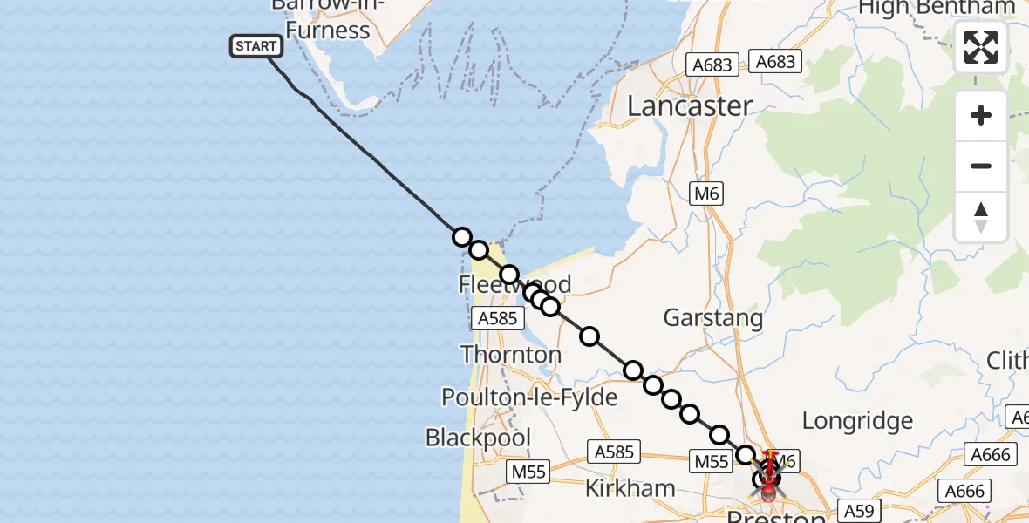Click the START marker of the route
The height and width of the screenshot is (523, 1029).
click(256, 46)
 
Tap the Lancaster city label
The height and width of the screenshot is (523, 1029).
click(690, 106)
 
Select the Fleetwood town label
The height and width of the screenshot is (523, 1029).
click(514, 284)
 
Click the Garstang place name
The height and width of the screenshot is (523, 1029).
click(712, 318)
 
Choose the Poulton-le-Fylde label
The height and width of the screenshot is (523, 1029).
click(529, 397)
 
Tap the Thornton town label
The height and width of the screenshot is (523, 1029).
click(510, 355)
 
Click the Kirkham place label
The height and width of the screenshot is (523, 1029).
click(630, 488)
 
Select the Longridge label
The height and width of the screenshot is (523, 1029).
click(856, 421)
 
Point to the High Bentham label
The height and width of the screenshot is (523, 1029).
click(937, 8)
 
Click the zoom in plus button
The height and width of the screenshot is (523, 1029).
click(981, 116)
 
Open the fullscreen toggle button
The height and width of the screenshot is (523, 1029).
click(981, 47)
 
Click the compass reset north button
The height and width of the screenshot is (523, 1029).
click(981, 217)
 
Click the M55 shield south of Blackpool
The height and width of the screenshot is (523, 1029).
click(528, 472)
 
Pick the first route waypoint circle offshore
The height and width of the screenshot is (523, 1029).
click(462, 237)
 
